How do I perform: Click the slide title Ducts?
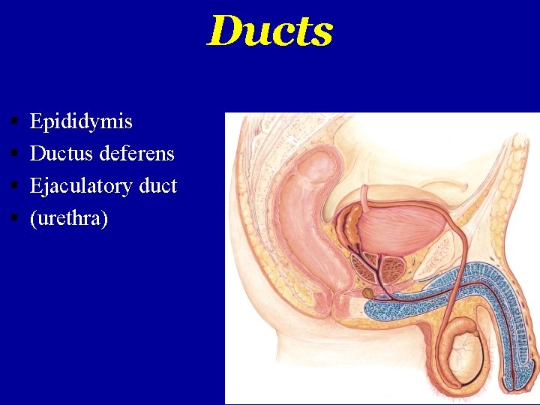tap(269, 31)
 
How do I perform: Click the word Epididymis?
tap(81, 121)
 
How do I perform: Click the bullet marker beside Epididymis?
tap(15, 121)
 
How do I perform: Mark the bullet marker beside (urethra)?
tap(15, 218)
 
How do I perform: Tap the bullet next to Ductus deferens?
tap(15, 154)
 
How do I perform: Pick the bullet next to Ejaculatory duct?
tap(15, 186)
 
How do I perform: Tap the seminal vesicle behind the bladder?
tap(350, 225)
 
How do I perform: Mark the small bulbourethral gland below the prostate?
tap(367, 291)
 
